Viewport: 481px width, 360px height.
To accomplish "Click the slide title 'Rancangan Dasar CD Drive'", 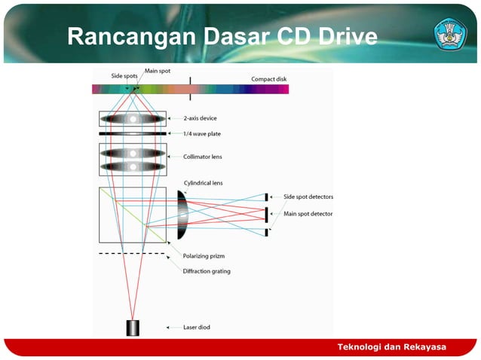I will pyautogui.click(x=222, y=36).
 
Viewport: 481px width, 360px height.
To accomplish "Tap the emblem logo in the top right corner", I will pyautogui.click(x=451, y=35).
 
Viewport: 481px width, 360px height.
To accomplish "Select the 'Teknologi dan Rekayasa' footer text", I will pyautogui.click(x=391, y=347).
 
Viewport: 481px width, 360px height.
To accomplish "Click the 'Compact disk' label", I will pyautogui.click(x=268, y=79).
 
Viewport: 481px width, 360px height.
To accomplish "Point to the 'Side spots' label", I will pyautogui.click(x=124, y=76).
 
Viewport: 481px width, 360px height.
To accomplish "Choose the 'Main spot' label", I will pyautogui.click(x=156, y=70).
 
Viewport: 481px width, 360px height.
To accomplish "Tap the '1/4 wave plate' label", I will pyautogui.click(x=202, y=134).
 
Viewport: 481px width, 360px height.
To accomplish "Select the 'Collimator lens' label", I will pyautogui.click(x=203, y=157).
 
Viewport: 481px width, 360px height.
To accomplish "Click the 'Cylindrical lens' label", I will pyautogui.click(x=203, y=182).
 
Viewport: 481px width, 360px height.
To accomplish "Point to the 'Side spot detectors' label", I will pyautogui.click(x=308, y=197).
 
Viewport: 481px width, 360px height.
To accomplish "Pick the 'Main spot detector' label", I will pyautogui.click(x=308, y=214).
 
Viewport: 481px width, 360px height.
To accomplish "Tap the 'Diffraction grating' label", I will pyautogui.click(x=207, y=271).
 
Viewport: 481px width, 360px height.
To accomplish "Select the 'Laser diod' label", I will pyautogui.click(x=199, y=328).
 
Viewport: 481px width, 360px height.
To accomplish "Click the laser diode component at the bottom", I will pyautogui.click(x=133, y=328).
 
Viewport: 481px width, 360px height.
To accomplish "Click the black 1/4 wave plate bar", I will pyautogui.click(x=133, y=133).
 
